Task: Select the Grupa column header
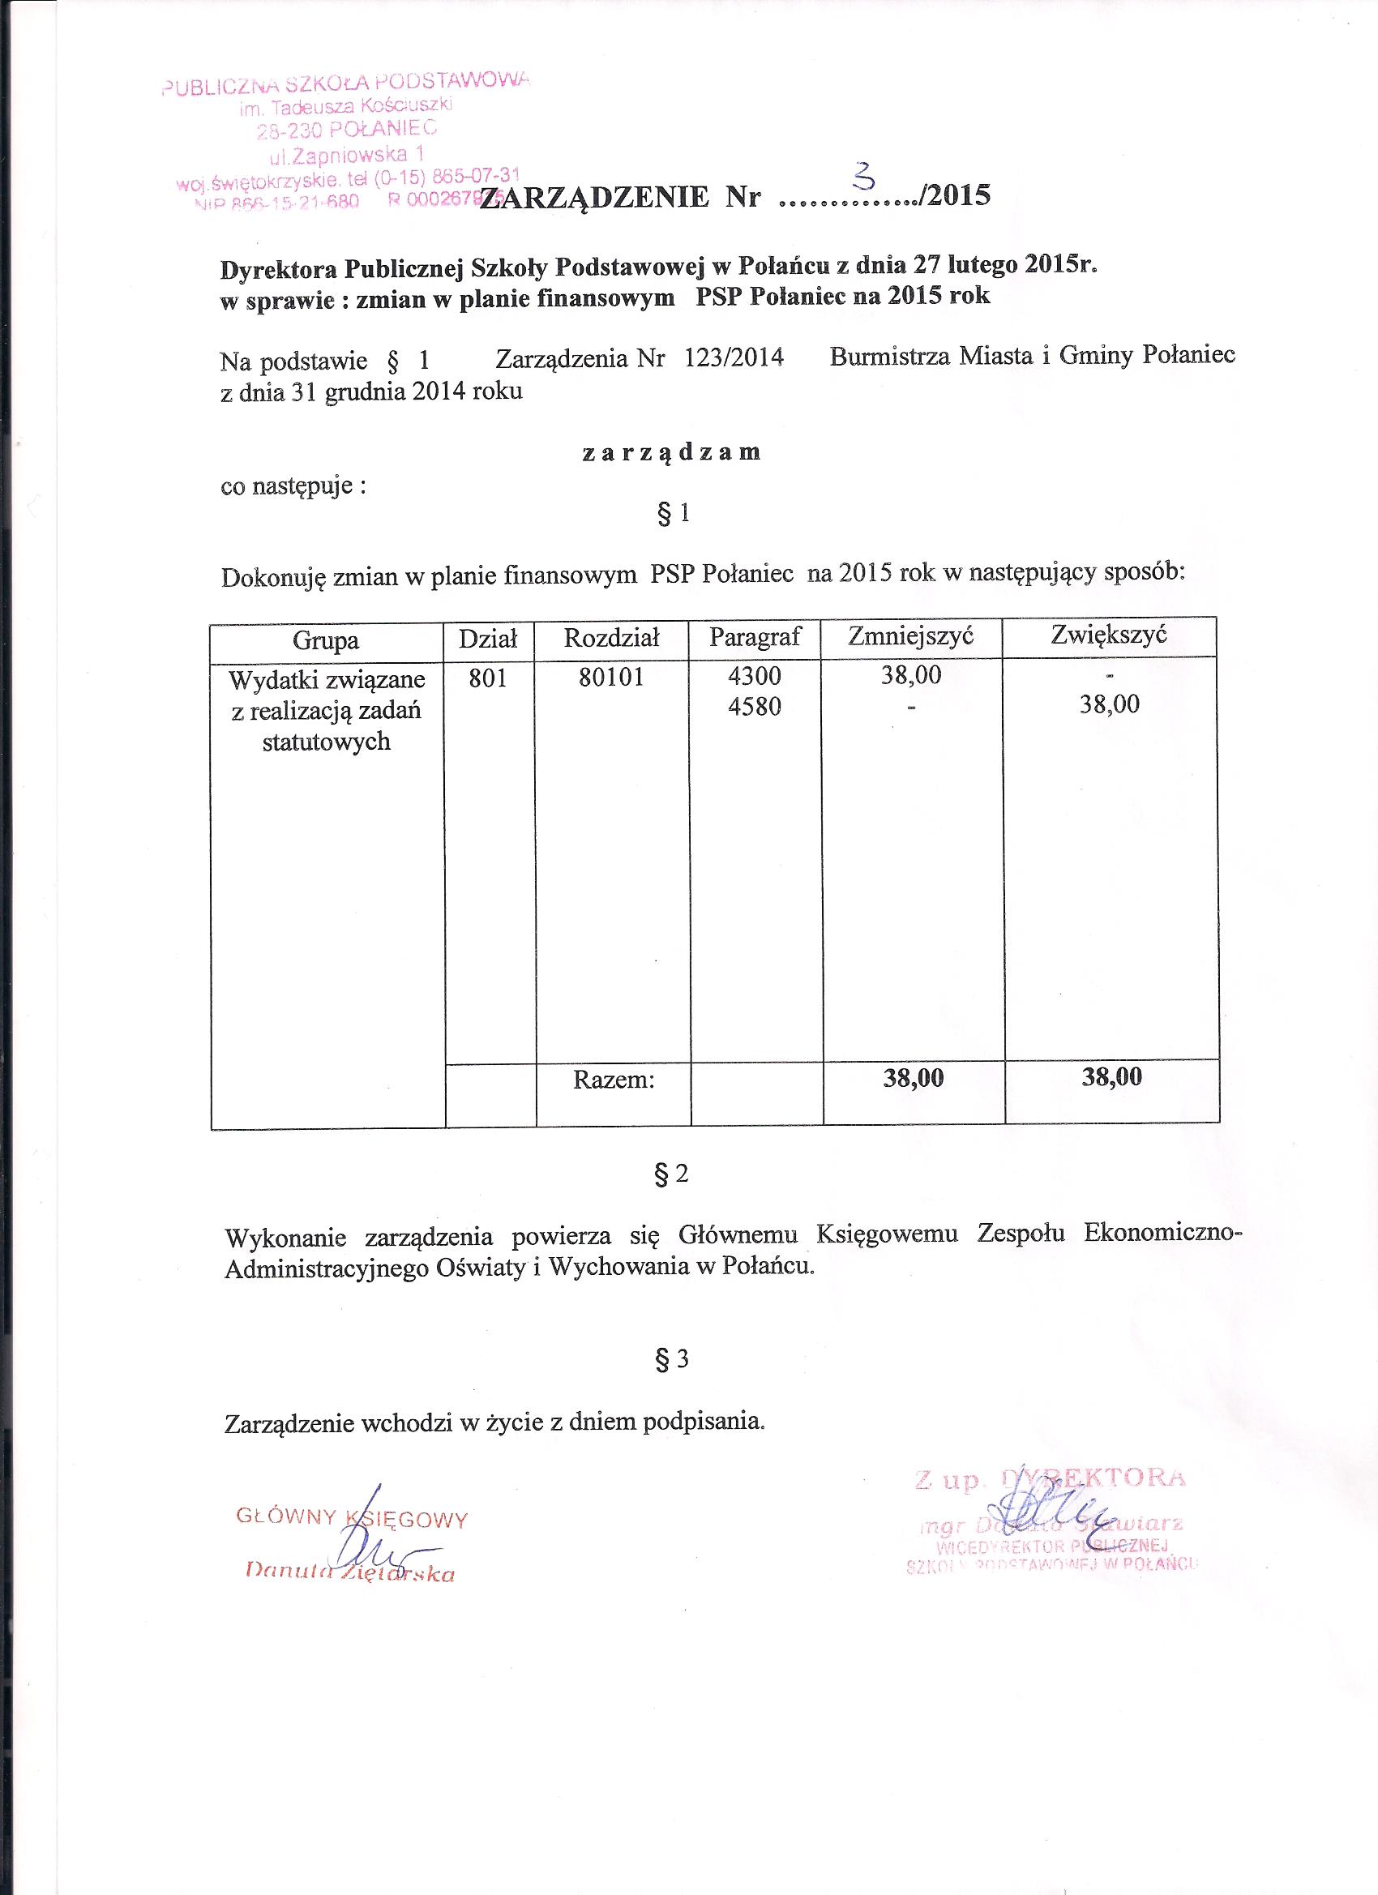point(326,640)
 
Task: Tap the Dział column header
point(489,640)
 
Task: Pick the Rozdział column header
point(612,639)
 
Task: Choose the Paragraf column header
point(755,637)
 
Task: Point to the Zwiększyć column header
point(1108,634)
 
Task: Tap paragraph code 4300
point(755,675)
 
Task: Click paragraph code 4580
point(755,707)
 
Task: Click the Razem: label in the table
point(614,1080)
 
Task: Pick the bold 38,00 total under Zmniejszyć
point(914,1078)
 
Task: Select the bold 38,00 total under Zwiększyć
point(1111,1076)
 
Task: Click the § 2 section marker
point(672,1174)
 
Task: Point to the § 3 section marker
point(672,1359)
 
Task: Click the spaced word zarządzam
point(671,453)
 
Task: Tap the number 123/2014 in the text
point(734,358)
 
